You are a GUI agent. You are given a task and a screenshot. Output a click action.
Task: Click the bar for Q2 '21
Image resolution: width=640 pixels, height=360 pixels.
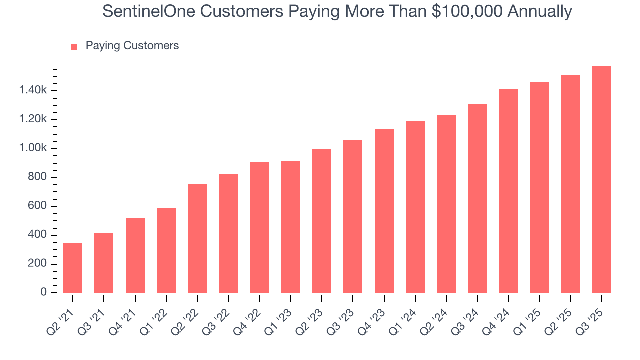pos(73,268)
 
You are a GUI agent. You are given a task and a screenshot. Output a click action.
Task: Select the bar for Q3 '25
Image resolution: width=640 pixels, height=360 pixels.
pos(602,180)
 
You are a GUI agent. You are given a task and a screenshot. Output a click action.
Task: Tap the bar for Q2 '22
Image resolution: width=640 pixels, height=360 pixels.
pos(197,238)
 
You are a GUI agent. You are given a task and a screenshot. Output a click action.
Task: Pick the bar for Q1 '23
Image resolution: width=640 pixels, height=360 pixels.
pos(291,227)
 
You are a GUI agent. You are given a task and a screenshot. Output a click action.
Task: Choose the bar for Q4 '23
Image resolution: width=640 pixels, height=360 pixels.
pos(384,211)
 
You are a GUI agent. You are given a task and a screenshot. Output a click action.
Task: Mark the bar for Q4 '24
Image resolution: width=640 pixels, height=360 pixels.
pos(508,191)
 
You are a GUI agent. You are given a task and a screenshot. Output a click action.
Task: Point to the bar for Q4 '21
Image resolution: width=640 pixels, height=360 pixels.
pos(135,255)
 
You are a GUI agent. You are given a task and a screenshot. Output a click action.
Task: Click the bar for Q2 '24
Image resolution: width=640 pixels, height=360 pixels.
pos(446,204)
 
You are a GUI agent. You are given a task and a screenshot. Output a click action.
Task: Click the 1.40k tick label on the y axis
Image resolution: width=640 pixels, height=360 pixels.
pos(33,91)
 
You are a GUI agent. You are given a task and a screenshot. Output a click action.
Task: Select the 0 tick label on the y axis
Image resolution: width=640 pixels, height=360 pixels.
pos(44,293)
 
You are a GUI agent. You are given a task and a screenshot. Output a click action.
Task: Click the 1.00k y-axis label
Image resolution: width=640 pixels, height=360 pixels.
pos(33,148)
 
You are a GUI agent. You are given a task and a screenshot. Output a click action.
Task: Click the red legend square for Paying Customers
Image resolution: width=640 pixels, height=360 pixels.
pos(74,46)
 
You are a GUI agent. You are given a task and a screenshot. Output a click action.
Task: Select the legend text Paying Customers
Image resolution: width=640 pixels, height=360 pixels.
pos(132,46)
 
